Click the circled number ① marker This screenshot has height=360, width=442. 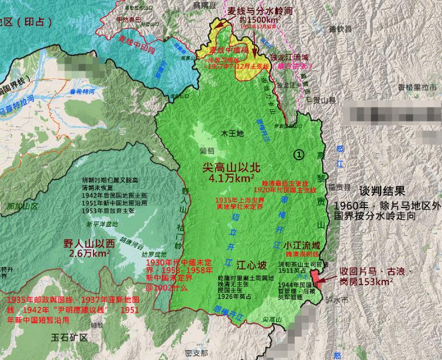[x=299, y=155]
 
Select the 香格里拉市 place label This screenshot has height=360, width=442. [x=417, y=87]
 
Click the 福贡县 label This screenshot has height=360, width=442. [x=339, y=188]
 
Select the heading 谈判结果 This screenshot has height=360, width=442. [x=382, y=191]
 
